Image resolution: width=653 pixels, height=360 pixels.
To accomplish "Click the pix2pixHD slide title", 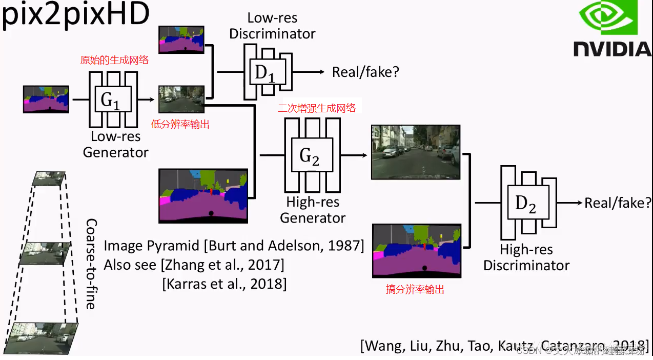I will pos(75,15).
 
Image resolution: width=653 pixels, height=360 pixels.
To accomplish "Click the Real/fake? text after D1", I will pos(365,72).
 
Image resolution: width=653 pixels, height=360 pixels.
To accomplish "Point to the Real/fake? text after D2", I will pos(618,203).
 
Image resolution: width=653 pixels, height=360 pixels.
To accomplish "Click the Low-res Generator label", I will pos(115,145).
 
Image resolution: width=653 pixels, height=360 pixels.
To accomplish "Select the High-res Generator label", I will pos(313,210).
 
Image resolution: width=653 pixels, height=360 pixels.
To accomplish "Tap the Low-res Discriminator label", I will pos(272,26).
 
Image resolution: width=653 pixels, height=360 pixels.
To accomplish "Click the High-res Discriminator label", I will pos(526,257).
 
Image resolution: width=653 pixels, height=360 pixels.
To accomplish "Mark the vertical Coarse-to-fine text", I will pos(91,264).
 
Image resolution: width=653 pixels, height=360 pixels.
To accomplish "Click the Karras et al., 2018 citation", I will pos(225,283).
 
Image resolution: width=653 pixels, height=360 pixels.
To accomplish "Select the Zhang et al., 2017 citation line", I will pos(194,265).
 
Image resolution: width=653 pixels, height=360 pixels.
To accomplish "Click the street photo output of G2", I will pos(416,152).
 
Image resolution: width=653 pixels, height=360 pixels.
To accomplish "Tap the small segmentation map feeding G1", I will pos(46,99).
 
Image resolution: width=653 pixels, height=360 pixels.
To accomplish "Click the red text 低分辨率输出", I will pos(180,124).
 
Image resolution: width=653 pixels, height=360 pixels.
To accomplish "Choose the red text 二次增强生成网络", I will pos(316,108).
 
